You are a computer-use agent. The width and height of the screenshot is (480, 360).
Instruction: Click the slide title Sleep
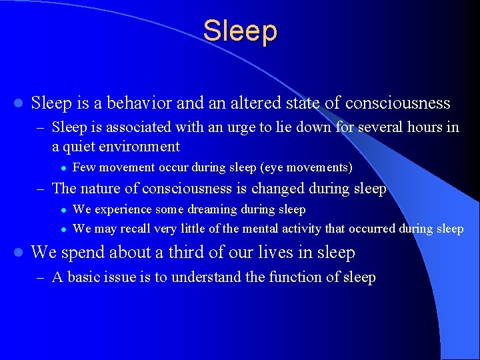pos(240,31)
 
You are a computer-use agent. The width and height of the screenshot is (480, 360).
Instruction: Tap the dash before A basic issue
pos(41,277)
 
